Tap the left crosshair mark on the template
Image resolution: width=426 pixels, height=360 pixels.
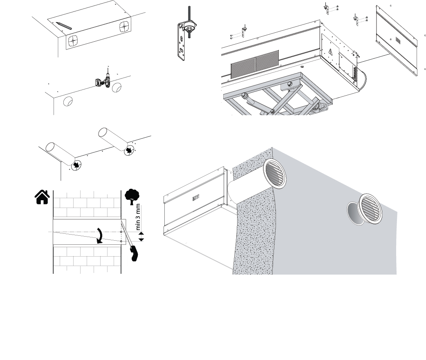click(x=73, y=40)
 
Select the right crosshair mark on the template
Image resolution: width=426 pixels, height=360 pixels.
click(x=124, y=27)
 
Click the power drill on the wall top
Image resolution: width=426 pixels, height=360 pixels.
click(x=102, y=80)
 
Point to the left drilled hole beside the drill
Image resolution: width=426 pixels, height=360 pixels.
click(x=68, y=102)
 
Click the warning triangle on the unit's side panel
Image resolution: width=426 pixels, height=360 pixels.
click(x=330, y=51)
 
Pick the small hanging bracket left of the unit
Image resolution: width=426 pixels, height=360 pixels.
click(x=244, y=30)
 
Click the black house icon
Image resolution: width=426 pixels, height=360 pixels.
click(x=42, y=197)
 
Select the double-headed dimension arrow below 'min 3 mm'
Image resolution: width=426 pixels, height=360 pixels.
click(x=141, y=236)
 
